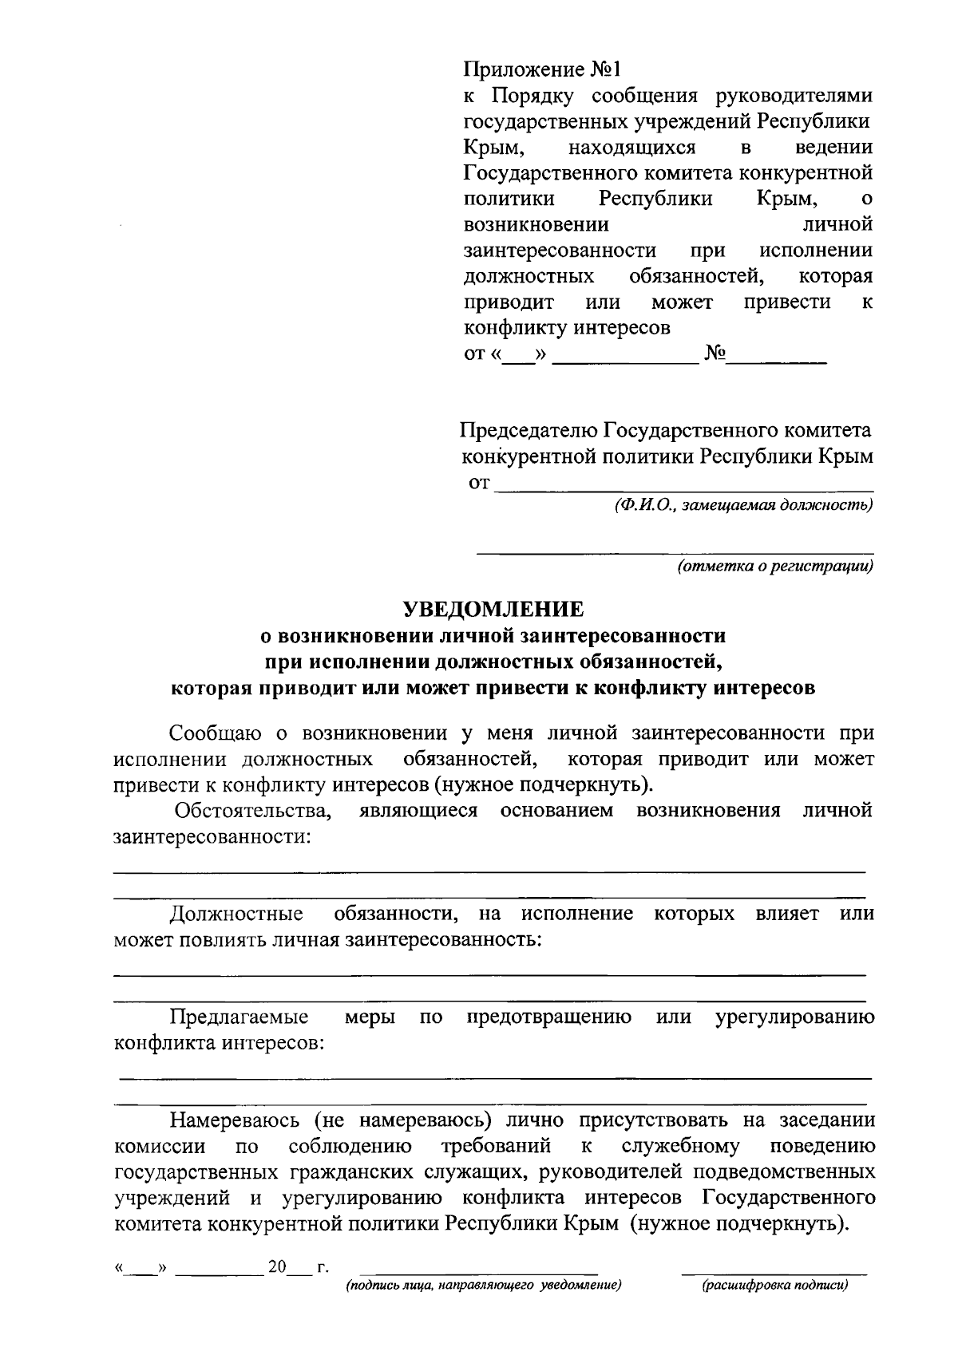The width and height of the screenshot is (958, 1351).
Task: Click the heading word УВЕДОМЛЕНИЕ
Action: (493, 610)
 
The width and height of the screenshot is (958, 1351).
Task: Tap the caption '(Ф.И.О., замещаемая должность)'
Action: (743, 505)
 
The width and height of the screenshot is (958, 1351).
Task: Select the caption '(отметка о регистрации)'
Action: (774, 567)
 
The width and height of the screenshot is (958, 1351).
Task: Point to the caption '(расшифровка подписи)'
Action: (774, 1286)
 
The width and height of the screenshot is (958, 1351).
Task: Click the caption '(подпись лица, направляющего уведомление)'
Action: (482, 1286)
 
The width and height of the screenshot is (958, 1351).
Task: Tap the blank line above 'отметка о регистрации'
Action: (675, 551)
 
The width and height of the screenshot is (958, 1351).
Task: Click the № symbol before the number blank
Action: (715, 354)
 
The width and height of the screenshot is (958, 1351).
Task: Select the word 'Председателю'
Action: (528, 431)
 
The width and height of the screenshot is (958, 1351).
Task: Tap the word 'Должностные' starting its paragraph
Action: (236, 914)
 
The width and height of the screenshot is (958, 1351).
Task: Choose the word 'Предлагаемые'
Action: (239, 1017)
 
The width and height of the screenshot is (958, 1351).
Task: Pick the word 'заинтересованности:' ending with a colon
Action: (212, 837)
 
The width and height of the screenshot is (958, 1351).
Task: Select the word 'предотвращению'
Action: (549, 1017)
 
